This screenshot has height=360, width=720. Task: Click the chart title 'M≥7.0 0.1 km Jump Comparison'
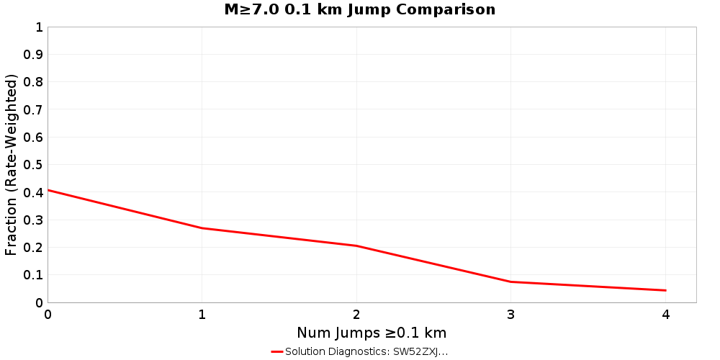coord(360,10)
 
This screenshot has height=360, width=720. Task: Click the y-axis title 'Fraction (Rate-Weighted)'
coord(12,165)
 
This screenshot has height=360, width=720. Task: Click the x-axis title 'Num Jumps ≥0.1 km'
coord(372,333)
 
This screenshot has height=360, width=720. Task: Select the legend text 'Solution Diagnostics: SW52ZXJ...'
coord(366,351)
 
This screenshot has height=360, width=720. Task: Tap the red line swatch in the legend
coord(277,351)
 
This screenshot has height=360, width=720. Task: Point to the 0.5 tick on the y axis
coord(34,165)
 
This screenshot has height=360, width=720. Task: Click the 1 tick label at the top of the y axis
coord(39,27)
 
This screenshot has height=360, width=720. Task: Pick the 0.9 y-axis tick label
coord(34,55)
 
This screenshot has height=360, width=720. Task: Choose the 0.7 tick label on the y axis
coord(34,109)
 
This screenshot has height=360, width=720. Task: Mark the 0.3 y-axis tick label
coord(34,220)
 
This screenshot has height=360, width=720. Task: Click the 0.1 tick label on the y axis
coord(34,275)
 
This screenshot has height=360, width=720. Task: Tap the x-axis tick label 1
coord(202,315)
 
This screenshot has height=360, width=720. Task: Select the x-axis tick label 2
coord(356,315)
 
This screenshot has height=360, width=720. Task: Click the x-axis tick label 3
coord(511,315)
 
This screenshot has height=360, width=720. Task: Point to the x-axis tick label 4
coord(665,315)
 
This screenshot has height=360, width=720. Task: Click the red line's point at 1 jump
coord(202,228)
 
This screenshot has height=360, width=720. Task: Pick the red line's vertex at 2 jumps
coord(356,246)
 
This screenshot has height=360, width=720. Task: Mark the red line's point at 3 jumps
coord(511,282)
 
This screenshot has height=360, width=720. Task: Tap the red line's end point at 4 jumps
coord(665,290)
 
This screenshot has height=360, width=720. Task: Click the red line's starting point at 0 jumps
coord(48,190)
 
